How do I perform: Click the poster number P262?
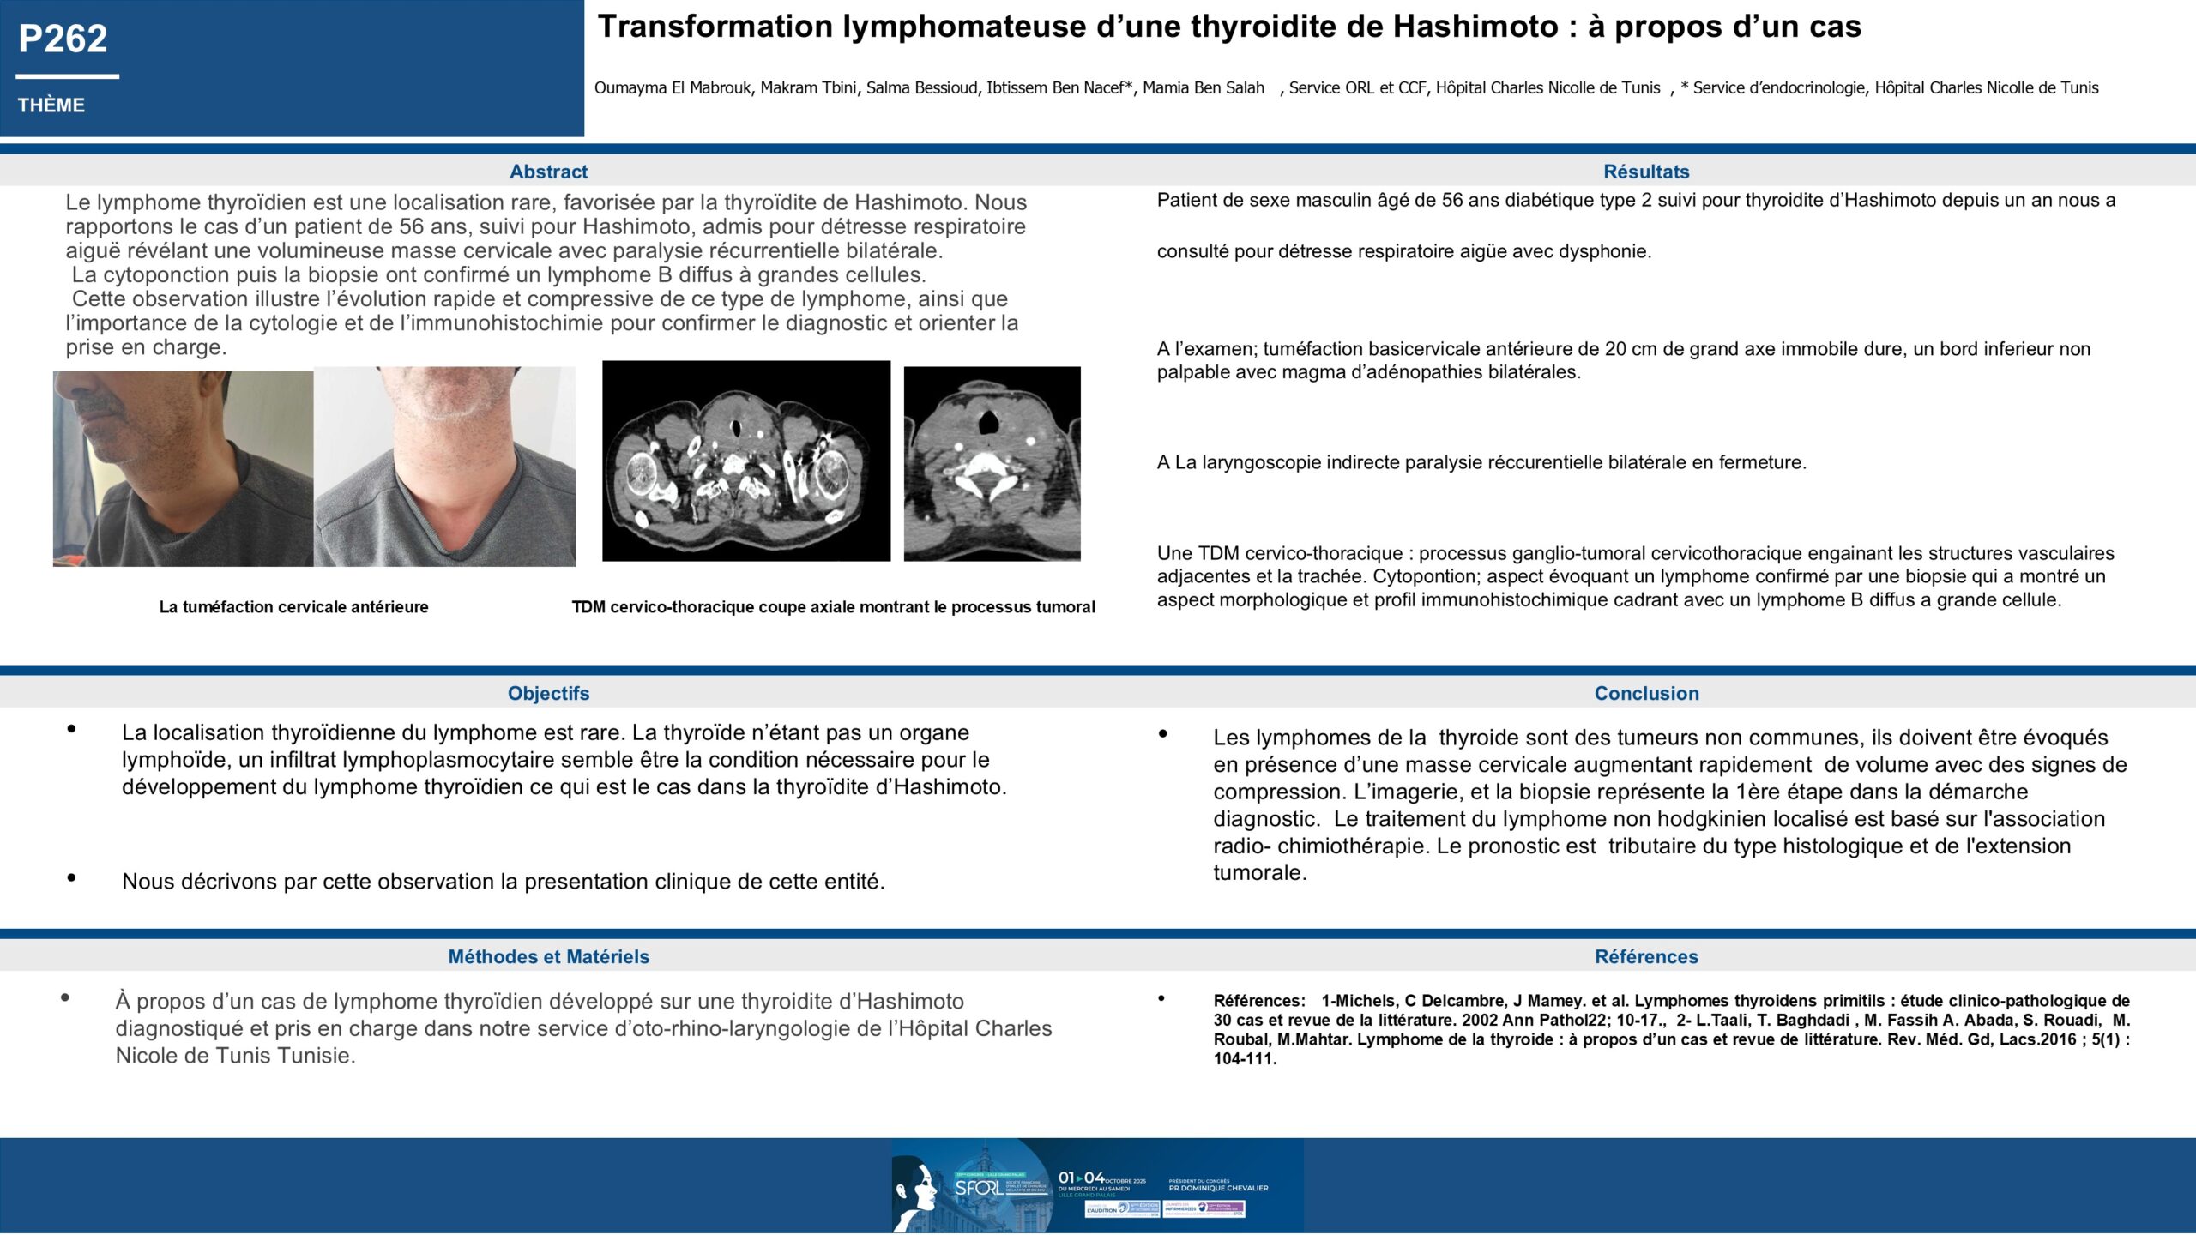coord(63,39)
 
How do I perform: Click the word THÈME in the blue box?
coord(51,105)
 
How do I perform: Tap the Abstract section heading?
coord(548,172)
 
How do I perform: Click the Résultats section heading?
coord(1646,172)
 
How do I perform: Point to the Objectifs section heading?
coord(548,693)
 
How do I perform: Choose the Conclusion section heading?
coord(1646,693)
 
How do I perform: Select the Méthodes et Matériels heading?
coord(548,956)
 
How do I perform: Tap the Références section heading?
coord(1646,956)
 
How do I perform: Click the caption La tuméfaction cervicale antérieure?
coord(293,607)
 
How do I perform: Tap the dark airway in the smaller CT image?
coord(989,421)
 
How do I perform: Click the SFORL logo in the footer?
coord(978,1188)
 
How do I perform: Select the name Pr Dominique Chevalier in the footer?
coord(1218,1188)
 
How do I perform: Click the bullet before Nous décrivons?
coord(71,877)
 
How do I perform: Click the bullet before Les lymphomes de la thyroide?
coord(1163,734)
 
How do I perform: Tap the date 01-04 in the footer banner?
coord(1081,1178)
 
